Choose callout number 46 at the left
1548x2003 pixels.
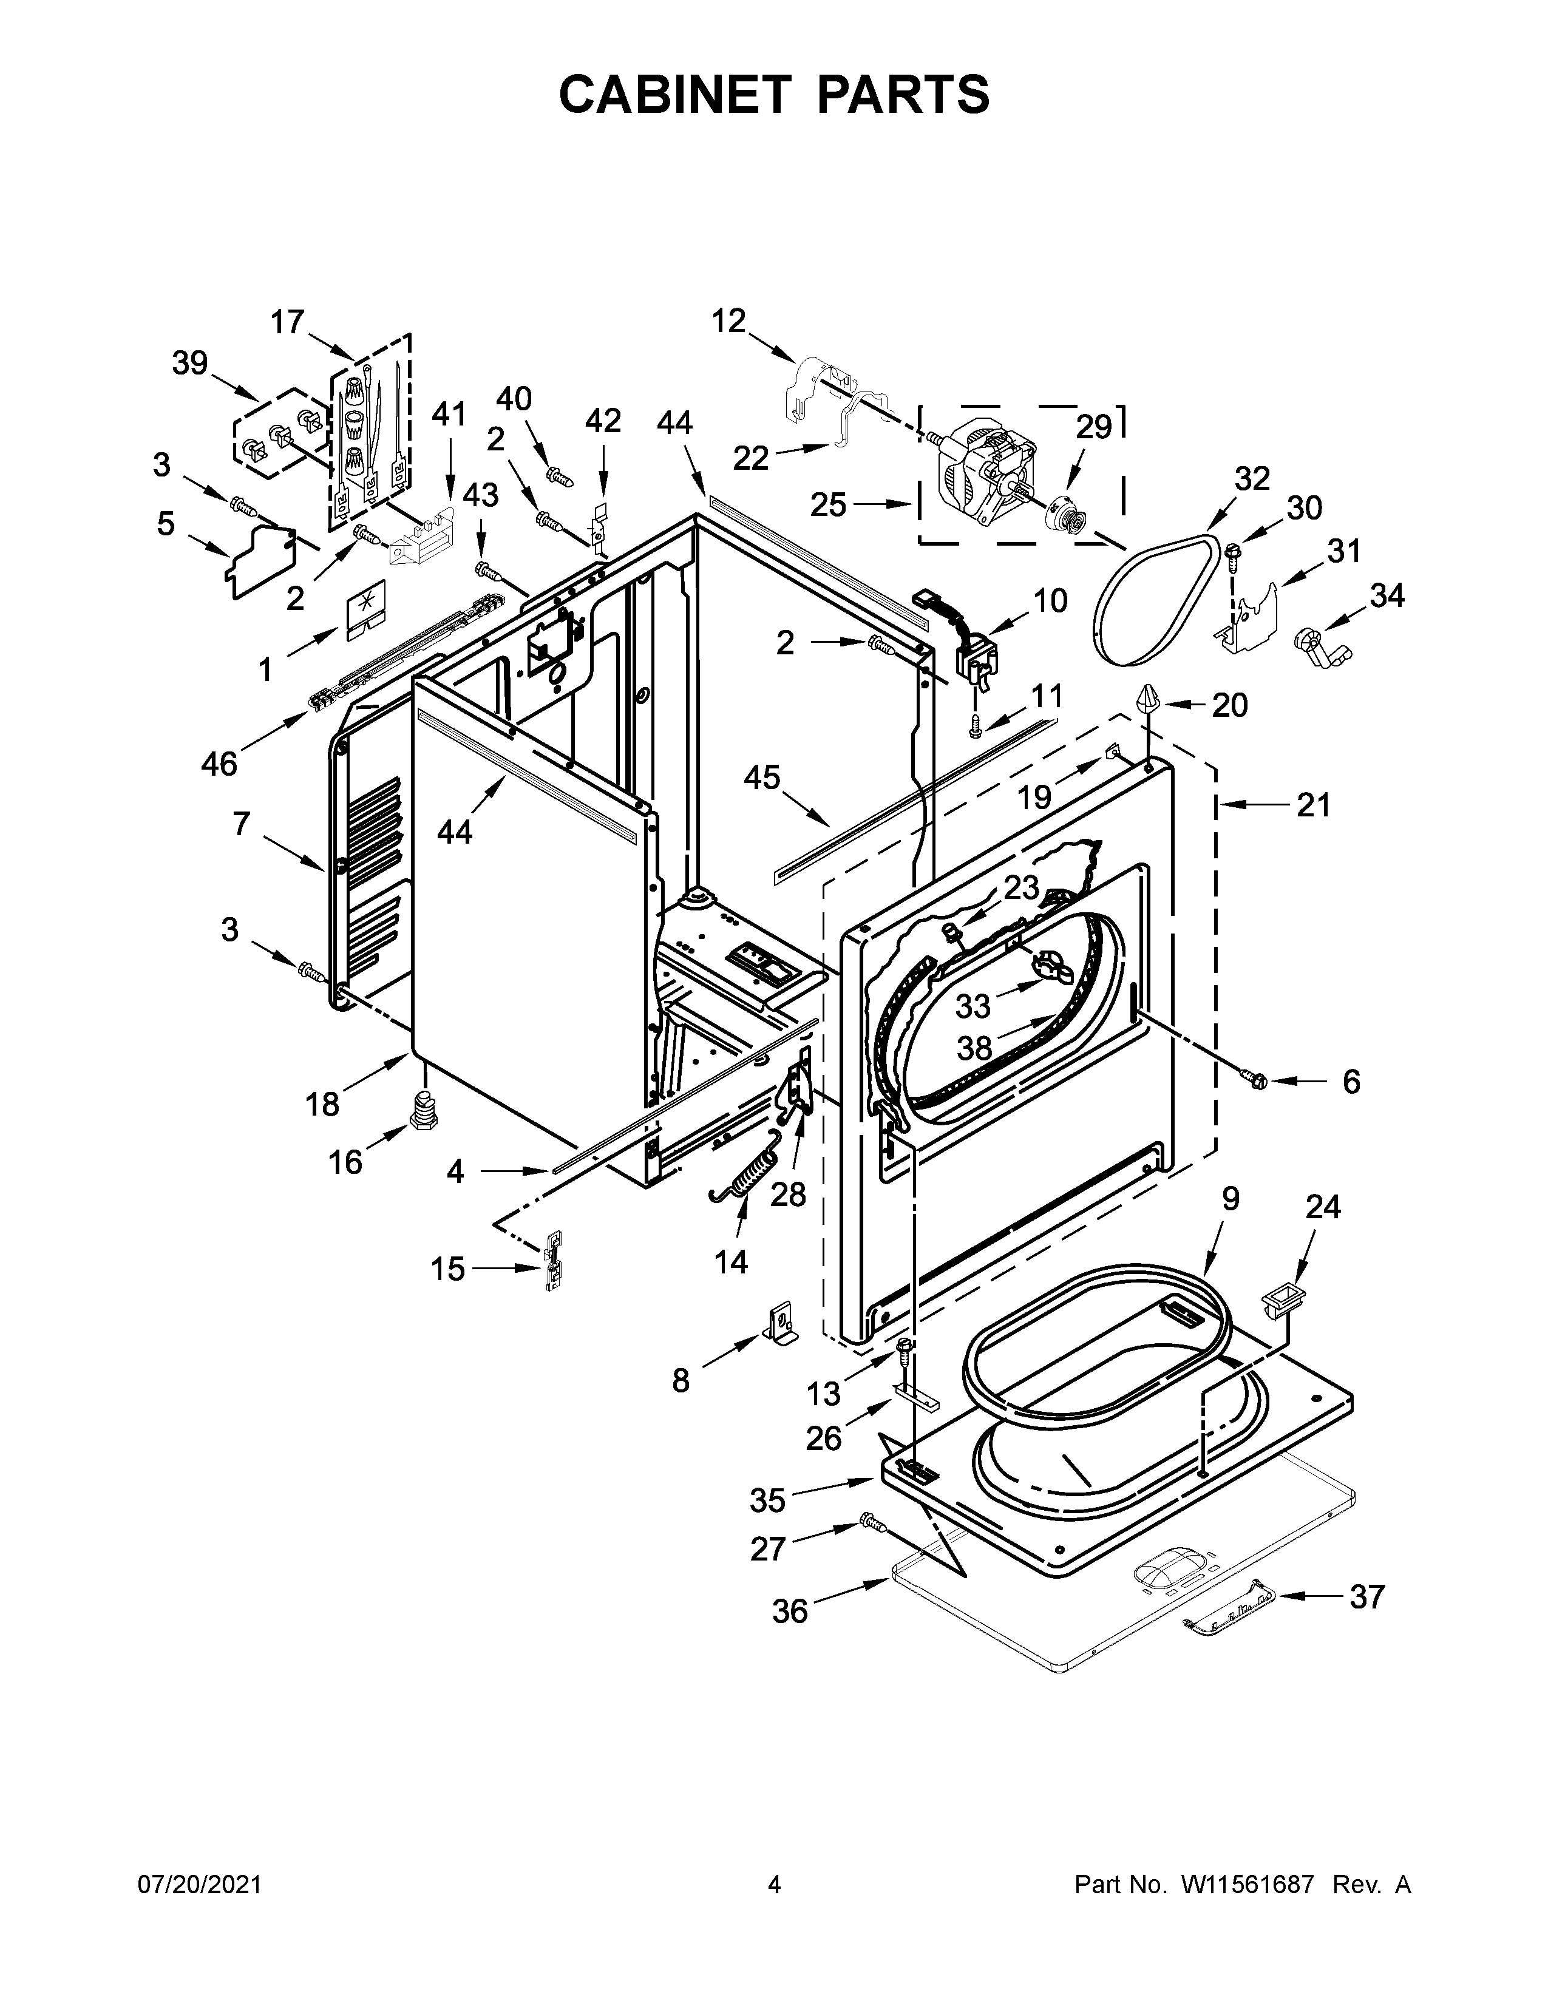click(x=219, y=762)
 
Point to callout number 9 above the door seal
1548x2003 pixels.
click(x=1230, y=1199)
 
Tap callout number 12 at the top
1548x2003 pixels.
click(x=729, y=321)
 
